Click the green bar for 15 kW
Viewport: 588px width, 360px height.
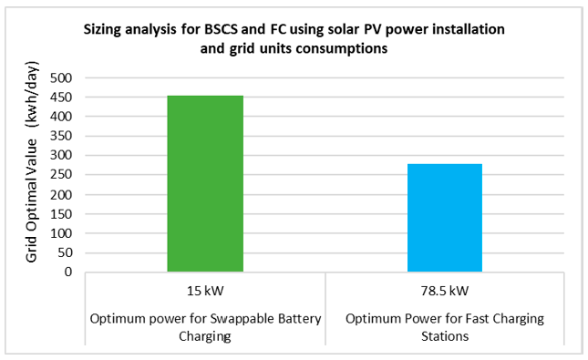pos(205,183)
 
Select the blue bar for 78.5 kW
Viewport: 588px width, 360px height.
pos(444,218)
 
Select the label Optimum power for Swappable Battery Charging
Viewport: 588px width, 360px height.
pos(205,325)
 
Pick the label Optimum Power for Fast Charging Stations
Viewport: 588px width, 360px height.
pos(444,325)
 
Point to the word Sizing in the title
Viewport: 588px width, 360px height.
pos(103,30)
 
